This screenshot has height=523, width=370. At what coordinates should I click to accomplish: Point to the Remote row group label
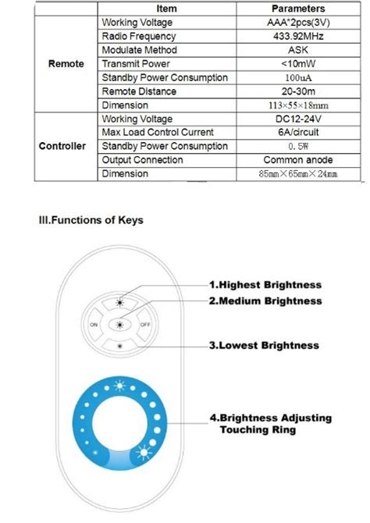[66, 64]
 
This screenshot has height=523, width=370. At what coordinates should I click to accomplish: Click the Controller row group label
[62, 146]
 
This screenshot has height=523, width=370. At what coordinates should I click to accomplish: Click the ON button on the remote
[94, 325]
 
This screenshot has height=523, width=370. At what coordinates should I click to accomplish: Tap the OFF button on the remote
[144, 325]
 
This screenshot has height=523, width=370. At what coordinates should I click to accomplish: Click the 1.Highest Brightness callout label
[265, 285]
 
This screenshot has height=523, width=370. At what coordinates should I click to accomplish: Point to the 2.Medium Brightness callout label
[265, 301]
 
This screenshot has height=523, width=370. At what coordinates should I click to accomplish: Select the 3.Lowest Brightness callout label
[264, 344]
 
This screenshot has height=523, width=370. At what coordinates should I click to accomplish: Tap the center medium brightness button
[119, 325]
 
